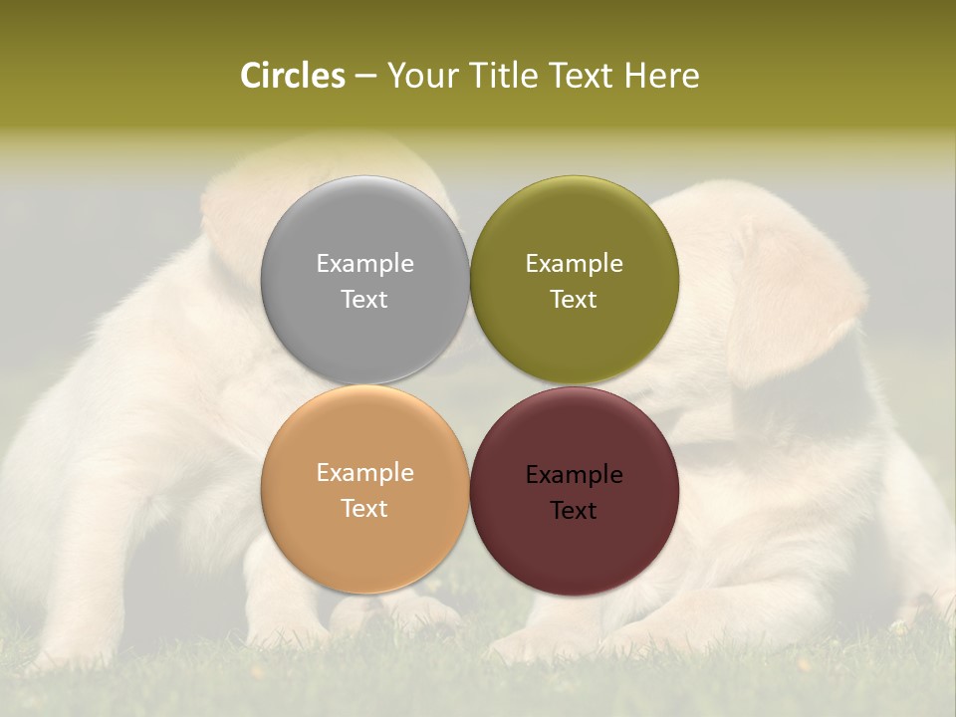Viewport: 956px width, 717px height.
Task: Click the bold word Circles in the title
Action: pyautogui.click(x=292, y=76)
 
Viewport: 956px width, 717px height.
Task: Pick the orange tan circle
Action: pyautogui.click(x=364, y=543)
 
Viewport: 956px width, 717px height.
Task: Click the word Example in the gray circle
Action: pyautogui.click(x=364, y=264)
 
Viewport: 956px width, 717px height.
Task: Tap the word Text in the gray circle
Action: pyautogui.click(x=364, y=299)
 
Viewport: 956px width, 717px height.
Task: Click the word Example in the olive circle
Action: pyautogui.click(x=574, y=264)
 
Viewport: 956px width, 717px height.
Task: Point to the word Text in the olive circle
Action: pyautogui.click(x=574, y=299)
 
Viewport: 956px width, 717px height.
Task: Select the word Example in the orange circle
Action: pyautogui.click(x=364, y=473)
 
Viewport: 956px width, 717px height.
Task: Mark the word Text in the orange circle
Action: pyautogui.click(x=364, y=508)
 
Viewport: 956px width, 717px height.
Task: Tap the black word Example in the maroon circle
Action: pyautogui.click(x=574, y=475)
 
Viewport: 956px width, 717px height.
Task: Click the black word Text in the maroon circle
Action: pyautogui.click(x=574, y=510)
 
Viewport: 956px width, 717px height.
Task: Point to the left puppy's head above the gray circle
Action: pyautogui.click(x=319, y=164)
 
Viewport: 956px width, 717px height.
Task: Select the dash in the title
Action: pyautogui.click(x=365, y=77)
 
